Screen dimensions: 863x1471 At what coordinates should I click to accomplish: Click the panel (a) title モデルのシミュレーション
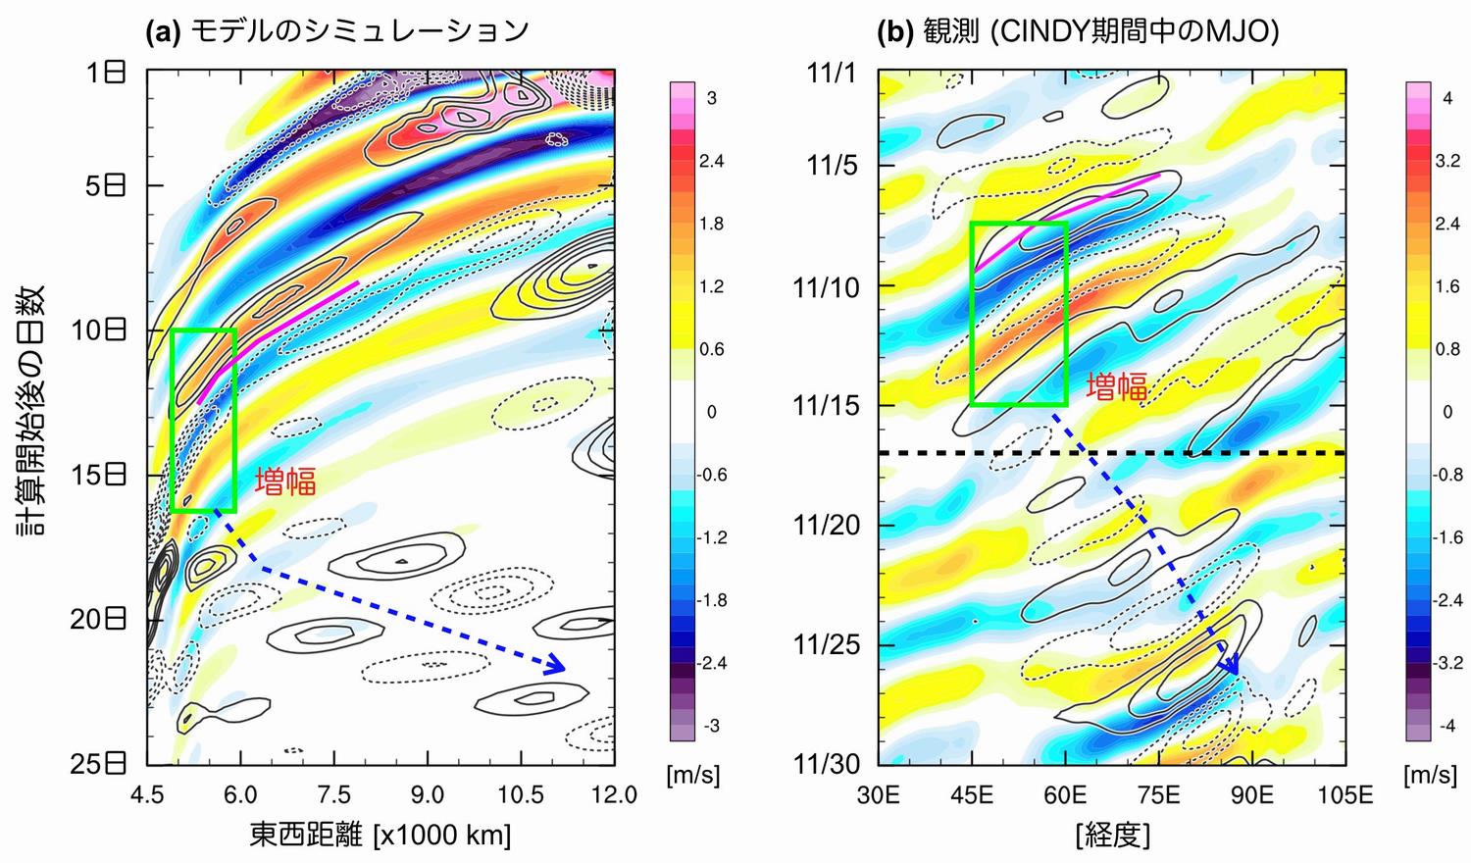(358, 30)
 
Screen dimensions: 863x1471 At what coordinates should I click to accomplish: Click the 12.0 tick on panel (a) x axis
(615, 793)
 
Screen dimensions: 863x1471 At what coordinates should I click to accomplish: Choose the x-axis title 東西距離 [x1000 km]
(380, 835)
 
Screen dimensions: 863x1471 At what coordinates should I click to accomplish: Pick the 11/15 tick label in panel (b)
(826, 405)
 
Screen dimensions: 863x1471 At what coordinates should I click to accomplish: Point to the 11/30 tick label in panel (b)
(826, 764)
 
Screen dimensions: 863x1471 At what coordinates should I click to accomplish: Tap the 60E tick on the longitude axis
(1066, 793)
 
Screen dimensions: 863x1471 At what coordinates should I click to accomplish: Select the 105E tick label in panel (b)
(1345, 793)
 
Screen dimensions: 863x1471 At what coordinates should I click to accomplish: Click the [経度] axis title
(1112, 835)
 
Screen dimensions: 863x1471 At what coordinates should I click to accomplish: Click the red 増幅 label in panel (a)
(284, 482)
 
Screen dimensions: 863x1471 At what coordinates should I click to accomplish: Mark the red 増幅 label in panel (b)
(1116, 386)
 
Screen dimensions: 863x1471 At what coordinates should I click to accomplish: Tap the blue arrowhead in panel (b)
(1231, 666)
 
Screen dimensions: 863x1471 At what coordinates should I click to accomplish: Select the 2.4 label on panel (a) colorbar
(711, 161)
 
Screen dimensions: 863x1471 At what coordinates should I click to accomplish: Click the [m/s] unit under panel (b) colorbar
(1430, 776)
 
